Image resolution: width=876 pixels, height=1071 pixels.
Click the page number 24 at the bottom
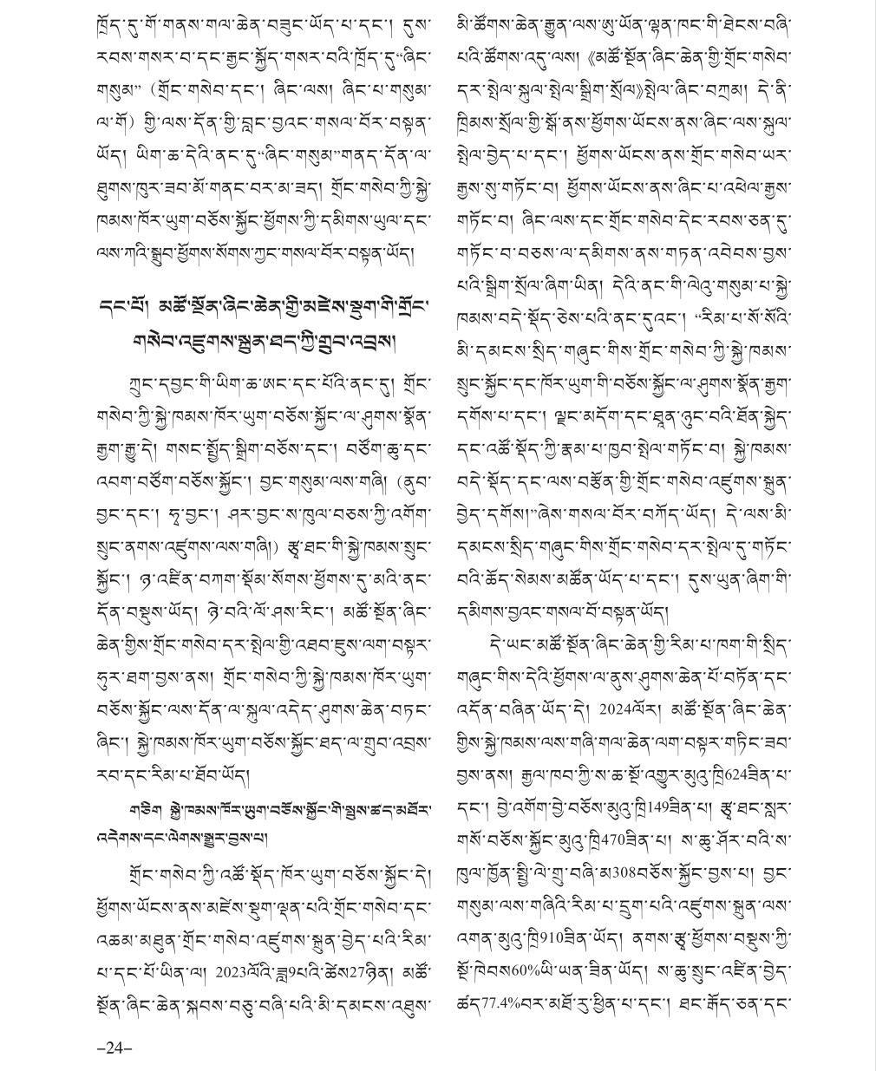113,1048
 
